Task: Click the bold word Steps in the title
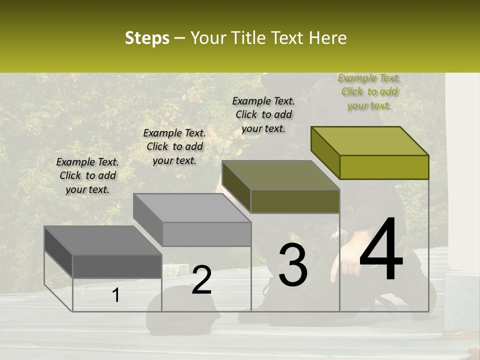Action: [146, 38]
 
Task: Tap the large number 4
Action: [381, 250]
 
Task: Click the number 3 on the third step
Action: [292, 265]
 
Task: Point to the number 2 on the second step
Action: [201, 279]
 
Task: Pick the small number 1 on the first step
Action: [116, 295]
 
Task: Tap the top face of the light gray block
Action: [192, 208]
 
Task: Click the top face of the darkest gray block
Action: [103, 240]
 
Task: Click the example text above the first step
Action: [87, 175]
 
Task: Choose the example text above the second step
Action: [174, 146]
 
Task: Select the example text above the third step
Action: [263, 114]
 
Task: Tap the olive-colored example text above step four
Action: [369, 91]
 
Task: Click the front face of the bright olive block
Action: [384, 167]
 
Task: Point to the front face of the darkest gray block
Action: [117, 266]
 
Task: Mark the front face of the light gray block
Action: [206, 234]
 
